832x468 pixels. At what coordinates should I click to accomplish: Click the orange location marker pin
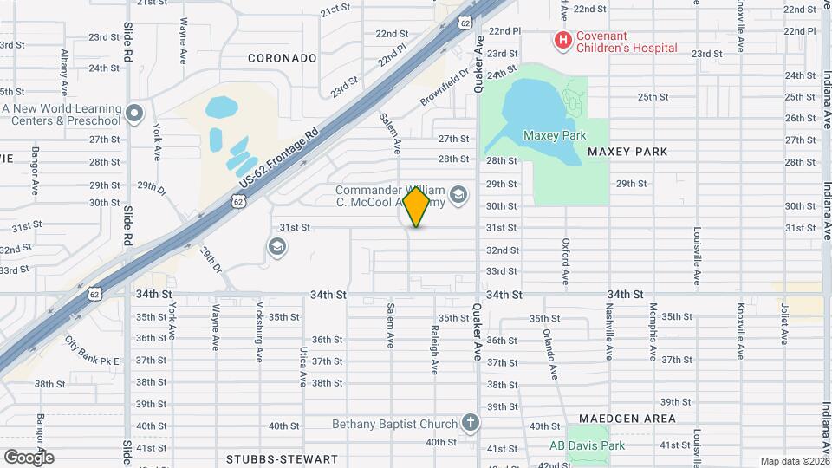417,207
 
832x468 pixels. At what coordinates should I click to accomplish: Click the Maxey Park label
555,135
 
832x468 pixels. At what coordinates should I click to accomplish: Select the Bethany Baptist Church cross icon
470,424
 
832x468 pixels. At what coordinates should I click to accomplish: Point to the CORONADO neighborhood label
282,58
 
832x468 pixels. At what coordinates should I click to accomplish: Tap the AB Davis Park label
587,446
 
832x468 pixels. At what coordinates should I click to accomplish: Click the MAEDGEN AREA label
627,419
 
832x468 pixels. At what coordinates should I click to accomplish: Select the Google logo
29,457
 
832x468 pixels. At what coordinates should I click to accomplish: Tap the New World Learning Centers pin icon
133,113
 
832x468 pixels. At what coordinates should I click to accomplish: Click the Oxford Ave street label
565,263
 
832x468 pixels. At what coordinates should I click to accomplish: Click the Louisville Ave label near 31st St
697,257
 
